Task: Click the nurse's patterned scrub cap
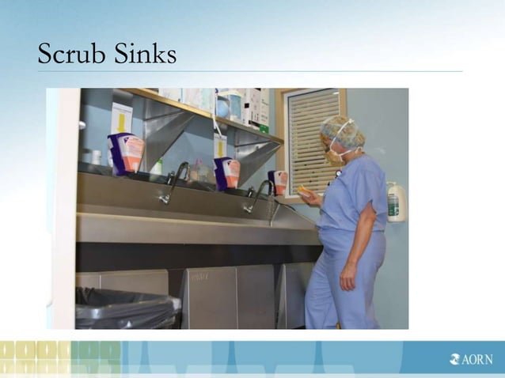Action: click(345, 131)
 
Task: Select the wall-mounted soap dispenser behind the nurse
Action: click(397, 202)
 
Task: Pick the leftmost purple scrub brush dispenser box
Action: click(127, 153)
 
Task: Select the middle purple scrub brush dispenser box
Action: click(227, 173)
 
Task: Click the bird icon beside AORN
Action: click(454, 359)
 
